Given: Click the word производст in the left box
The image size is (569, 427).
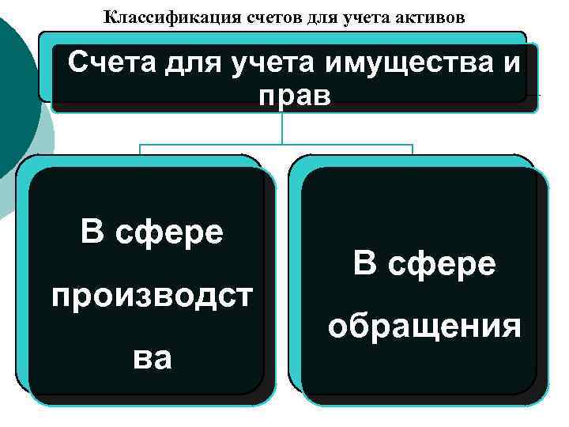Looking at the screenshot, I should coord(153,297).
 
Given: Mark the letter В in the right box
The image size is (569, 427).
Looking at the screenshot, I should coord(364,263).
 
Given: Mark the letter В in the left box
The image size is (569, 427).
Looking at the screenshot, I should coord(92,233).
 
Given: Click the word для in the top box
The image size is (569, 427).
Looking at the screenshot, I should coord(194,62).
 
